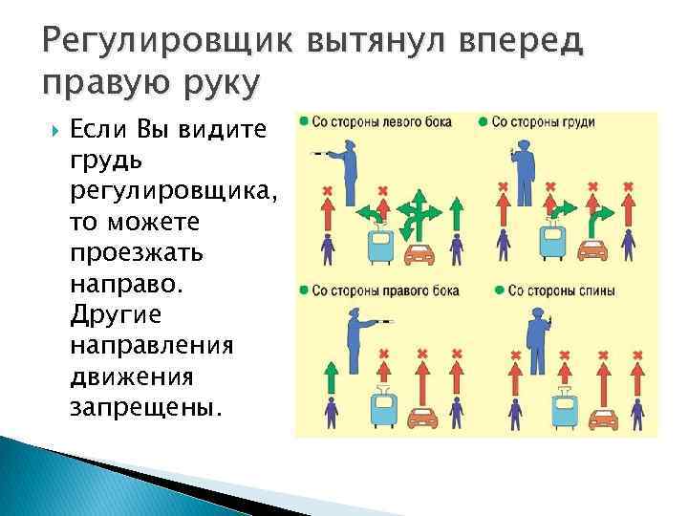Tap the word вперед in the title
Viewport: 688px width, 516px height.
517,43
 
